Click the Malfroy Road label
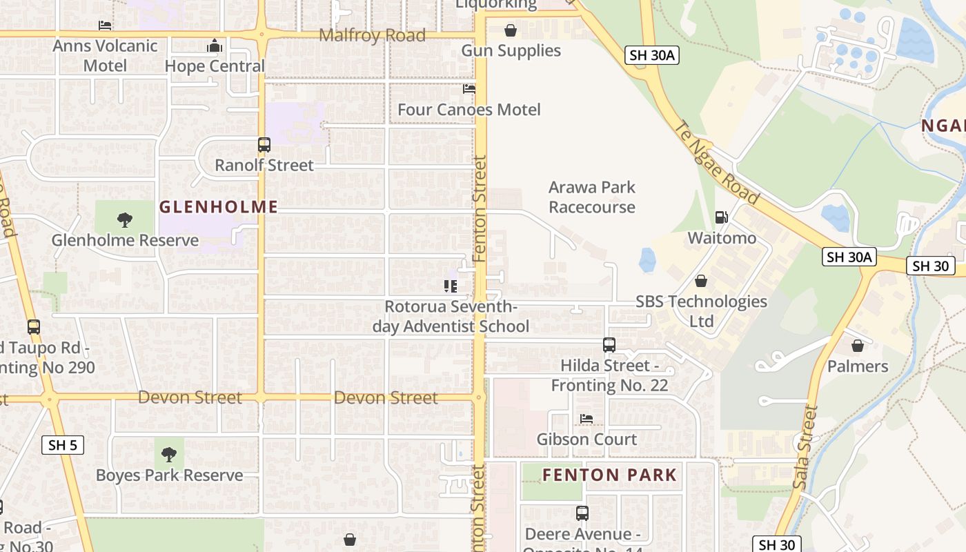pos(372,35)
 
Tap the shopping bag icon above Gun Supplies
pos(511,30)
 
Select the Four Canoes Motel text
pos(469,110)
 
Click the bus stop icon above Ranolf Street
pos(264,145)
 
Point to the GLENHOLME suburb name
pos(219,206)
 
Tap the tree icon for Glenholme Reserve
pos(125,220)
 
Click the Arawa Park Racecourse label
pos(592,197)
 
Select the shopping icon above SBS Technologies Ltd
pos(701,281)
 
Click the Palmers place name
pos(858,366)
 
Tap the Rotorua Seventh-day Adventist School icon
pos(451,286)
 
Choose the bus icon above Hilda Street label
pos(609,345)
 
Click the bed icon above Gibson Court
pos(586,419)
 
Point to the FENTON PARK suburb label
pos(610,475)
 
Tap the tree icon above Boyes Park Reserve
pos(169,455)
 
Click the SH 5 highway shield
pos(63,445)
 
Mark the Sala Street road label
pos(805,447)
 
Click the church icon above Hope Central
pos(215,46)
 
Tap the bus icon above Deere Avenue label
pos(582,513)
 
